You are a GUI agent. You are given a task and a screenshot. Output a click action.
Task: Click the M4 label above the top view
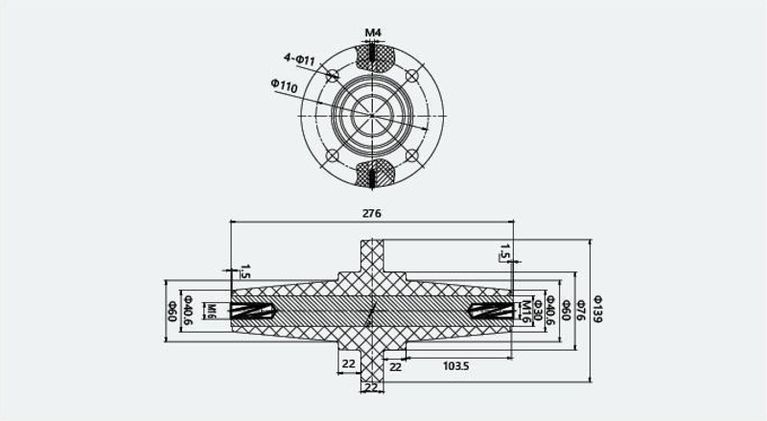click(373, 33)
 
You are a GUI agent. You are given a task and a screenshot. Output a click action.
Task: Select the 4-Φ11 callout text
click(299, 59)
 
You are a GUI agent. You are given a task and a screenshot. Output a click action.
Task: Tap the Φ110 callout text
click(284, 85)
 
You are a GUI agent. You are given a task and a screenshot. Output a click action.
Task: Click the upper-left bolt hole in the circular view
click(333, 76)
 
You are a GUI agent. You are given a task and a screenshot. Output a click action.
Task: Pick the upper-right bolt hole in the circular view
click(412, 76)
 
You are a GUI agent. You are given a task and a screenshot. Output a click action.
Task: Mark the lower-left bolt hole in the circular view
click(333, 155)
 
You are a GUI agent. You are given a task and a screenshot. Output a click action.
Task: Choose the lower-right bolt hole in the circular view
click(412, 155)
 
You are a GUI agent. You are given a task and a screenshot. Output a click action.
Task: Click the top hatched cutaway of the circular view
click(373, 58)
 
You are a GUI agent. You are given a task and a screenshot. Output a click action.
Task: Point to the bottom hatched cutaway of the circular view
click(373, 173)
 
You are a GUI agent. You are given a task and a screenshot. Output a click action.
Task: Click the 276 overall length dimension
click(371, 214)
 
